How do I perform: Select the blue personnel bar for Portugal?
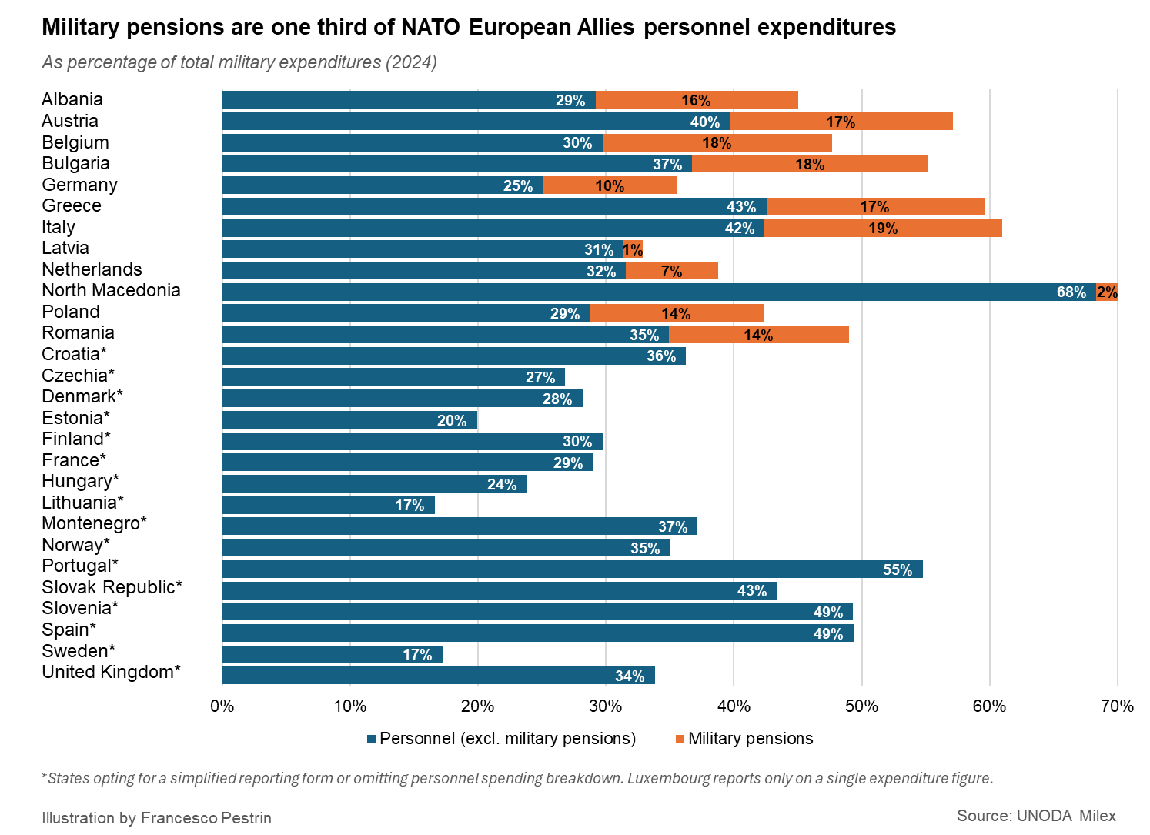pyautogui.click(x=572, y=569)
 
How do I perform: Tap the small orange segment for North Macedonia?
pyautogui.click(x=1107, y=292)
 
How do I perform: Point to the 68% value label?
pyautogui.click(x=1071, y=292)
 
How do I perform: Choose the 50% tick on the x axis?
pyautogui.click(x=861, y=706)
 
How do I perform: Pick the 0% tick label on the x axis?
pyautogui.click(x=222, y=706)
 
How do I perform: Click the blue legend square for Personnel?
pyautogui.click(x=372, y=740)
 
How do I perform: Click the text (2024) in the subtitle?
pyautogui.click(x=411, y=62)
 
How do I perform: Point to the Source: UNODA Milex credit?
pyautogui.click(x=1035, y=816)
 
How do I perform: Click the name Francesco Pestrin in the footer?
pyautogui.click(x=206, y=818)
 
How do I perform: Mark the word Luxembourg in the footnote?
pyautogui.click(x=668, y=778)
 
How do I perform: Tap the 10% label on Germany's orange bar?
pyautogui.click(x=610, y=186)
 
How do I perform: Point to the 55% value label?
pyautogui.click(x=897, y=570)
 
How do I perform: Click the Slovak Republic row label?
pyautogui.click(x=112, y=587)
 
